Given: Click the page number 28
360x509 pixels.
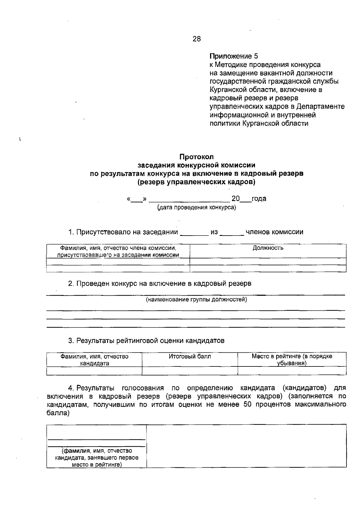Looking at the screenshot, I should [197, 39].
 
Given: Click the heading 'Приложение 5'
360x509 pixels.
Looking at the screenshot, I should [233, 56].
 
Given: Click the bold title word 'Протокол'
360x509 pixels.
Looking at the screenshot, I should [196, 157].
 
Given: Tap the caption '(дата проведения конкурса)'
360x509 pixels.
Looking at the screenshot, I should [196, 208].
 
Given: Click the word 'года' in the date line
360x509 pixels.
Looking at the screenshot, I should [259, 199].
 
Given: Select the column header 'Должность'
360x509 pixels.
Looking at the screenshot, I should [268, 248].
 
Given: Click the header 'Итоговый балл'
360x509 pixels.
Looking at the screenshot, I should [190, 356].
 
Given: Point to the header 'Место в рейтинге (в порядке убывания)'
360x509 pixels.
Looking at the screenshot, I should [292, 360].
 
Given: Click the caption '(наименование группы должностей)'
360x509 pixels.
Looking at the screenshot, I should [196, 300].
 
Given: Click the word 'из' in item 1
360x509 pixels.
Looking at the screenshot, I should [214, 232].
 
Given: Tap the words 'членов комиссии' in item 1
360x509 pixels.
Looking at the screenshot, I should [274, 232].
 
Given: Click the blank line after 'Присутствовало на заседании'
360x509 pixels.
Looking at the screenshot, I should [194, 233].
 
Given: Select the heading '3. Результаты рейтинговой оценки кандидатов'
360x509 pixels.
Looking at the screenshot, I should [146, 341].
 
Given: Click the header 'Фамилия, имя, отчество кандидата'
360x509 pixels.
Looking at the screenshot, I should [94, 360].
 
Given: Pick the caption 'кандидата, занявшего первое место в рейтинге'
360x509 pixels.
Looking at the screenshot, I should [96, 461].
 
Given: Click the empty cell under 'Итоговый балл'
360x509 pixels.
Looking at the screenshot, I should [190, 371].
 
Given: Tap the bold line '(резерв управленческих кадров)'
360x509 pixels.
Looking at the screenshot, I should [196, 182].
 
